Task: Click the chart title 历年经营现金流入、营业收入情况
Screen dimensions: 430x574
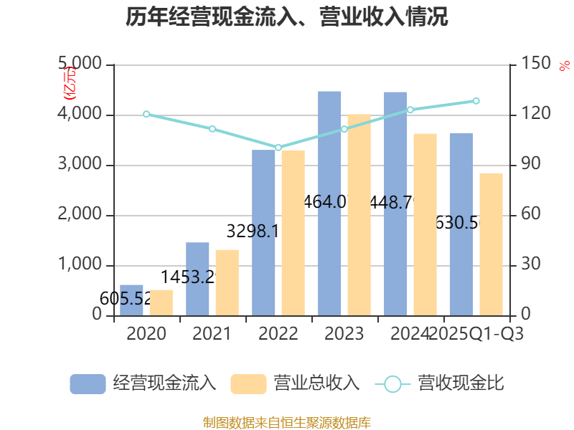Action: pos(287,17)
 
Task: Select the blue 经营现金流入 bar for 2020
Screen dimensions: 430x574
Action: pos(131,300)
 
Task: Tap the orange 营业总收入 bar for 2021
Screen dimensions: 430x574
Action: pos(227,282)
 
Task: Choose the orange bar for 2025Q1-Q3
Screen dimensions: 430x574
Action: pos(491,244)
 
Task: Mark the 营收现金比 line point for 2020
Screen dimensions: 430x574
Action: pos(146,114)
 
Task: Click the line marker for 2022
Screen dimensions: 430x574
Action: pos(278,148)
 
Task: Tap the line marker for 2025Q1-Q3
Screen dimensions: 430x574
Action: pos(476,101)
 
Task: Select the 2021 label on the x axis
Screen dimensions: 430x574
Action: pos(212,334)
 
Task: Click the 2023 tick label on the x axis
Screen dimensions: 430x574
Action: pos(344,334)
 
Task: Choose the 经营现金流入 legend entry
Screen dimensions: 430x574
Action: pos(143,383)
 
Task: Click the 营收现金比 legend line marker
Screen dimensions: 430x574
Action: pos(392,384)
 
